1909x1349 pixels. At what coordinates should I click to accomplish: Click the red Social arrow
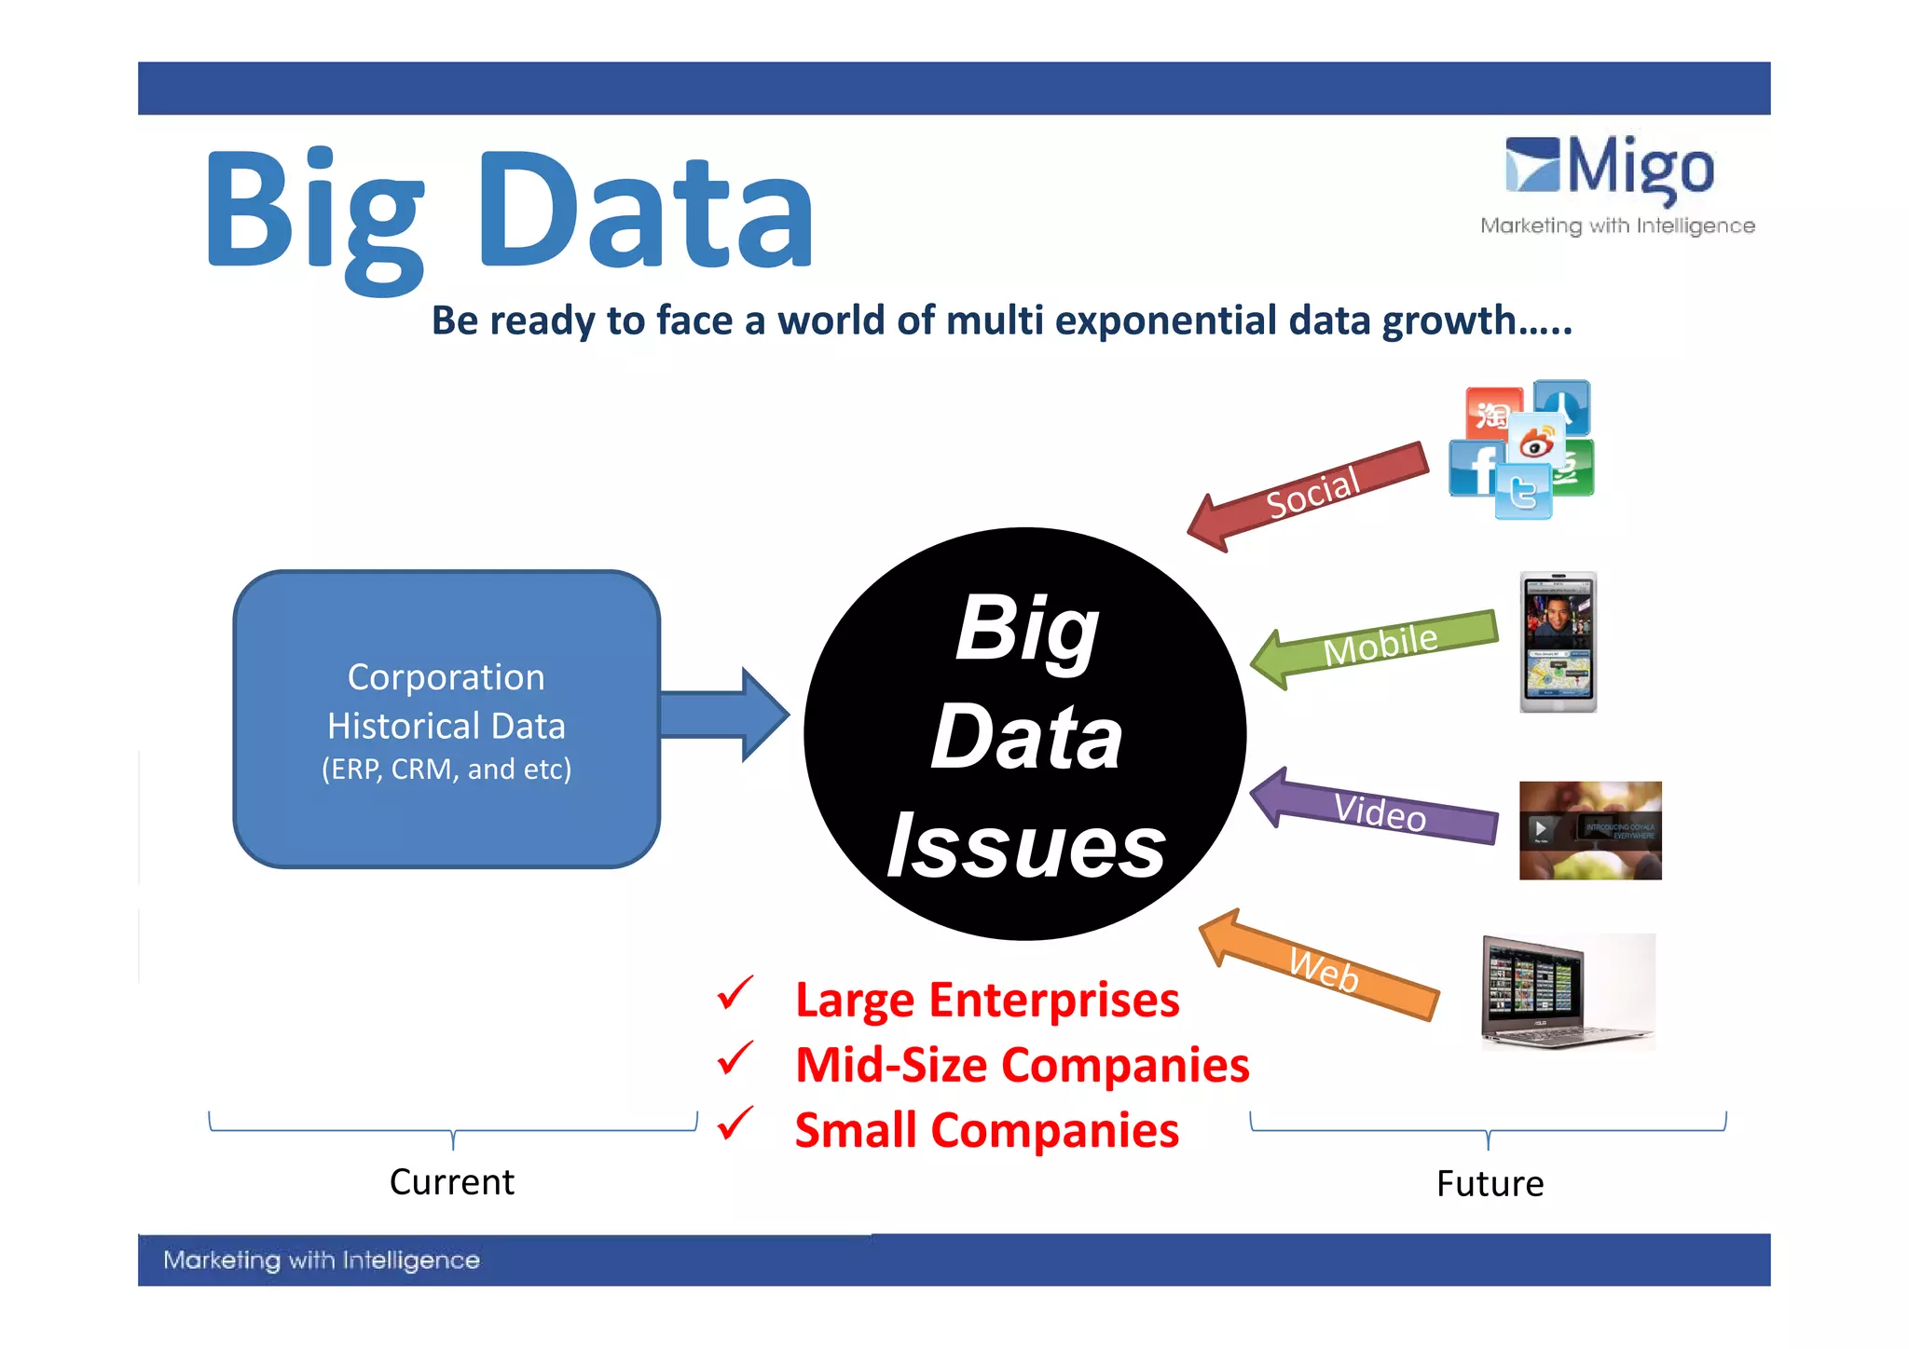click(x=1310, y=495)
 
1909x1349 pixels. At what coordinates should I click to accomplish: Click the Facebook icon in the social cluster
click(x=1473, y=469)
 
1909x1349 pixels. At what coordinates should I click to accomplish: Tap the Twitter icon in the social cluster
click(x=1523, y=492)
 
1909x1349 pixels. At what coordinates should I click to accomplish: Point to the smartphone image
click(x=1558, y=642)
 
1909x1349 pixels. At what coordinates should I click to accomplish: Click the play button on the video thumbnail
click(x=1541, y=828)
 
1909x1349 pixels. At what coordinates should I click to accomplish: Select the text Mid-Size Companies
click(x=1022, y=1065)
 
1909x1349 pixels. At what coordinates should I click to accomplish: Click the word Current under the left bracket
click(x=451, y=1182)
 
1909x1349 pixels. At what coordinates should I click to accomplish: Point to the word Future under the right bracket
click(x=1490, y=1184)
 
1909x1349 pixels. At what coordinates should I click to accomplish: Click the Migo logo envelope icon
click(x=1531, y=165)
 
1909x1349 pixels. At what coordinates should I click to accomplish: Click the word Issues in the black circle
click(x=1025, y=846)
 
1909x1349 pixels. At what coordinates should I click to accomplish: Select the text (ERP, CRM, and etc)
click(x=446, y=770)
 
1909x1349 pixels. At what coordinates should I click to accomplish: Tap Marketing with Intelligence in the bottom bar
click(x=322, y=1260)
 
